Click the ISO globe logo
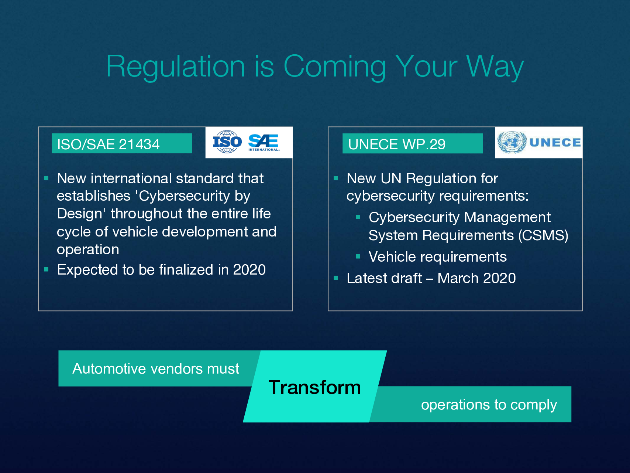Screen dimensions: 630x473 coord(227,142)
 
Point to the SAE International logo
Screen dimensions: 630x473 coord(264,142)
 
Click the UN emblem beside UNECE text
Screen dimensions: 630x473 coord(512,142)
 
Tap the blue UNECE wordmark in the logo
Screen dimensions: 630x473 coord(555,142)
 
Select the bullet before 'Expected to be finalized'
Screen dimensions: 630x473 coord(47,269)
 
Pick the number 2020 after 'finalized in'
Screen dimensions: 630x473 coord(249,270)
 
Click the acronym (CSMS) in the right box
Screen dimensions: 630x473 coord(543,235)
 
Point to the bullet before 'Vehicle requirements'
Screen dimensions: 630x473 coord(358,256)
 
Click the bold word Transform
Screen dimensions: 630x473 coord(315,387)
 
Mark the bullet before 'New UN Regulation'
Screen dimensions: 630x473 coord(336,178)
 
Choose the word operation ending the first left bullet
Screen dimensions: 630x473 coord(88,250)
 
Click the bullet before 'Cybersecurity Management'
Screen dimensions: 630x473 coord(358,217)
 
